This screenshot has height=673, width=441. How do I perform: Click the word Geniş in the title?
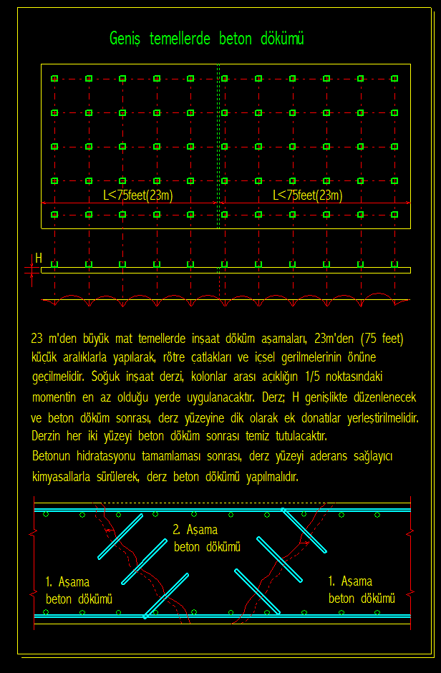(x=126, y=39)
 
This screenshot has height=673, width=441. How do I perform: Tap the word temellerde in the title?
(x=180, y=39)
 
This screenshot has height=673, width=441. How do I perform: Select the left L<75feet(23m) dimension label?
(x=137, y=195)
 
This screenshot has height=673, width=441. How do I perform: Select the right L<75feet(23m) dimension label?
(x=307, y=195)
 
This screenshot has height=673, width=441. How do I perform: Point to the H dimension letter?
(x=39, y=258)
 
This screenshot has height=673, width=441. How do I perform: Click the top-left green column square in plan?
(x=54, y=78)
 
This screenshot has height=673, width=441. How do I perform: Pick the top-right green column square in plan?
(x=394, y=78)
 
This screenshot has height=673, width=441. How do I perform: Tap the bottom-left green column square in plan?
(x=54, y=214)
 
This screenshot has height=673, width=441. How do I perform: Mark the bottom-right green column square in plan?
(x=394, y=214)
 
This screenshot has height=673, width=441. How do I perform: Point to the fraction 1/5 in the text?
(x=313, y=376)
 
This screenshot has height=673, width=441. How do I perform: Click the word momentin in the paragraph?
(x=55, y=396)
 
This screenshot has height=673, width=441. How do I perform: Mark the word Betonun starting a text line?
(x=52, y=456)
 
